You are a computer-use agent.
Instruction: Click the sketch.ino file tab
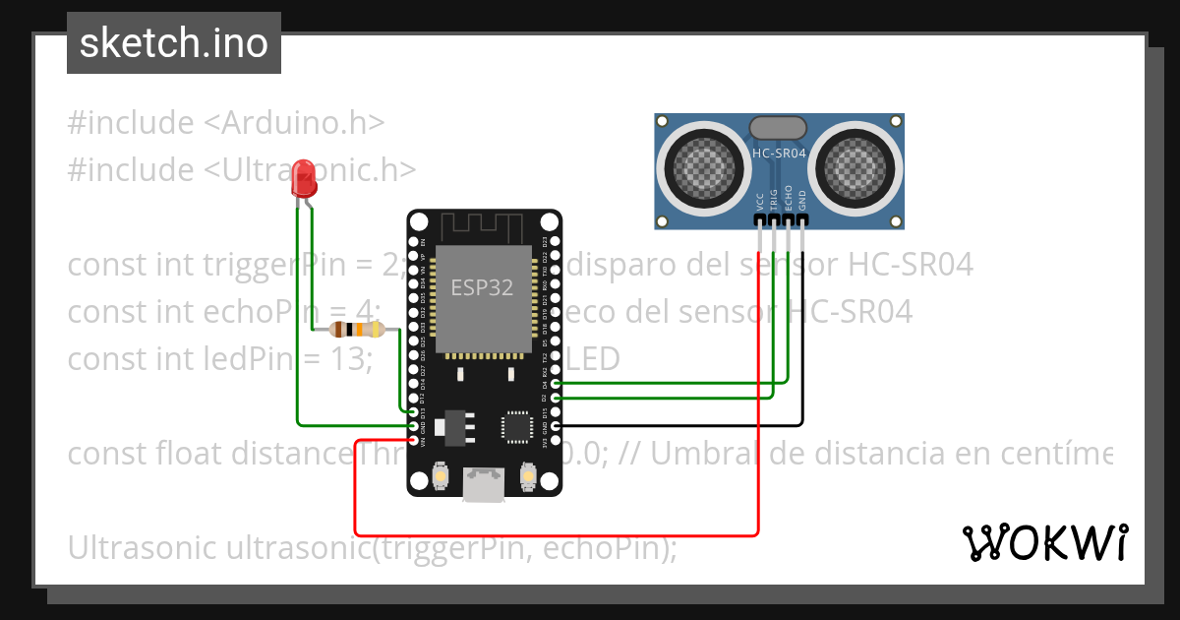pyautogui.click(x=174, y=43)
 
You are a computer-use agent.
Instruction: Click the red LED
pyautogui.click(x=305, y=180)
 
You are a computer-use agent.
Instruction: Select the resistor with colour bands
pyautogui.click(x=357, y=330)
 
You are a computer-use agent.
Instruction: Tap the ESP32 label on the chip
pyautogui.click(x=482, y=288)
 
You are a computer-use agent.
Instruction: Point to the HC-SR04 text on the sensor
pyautogui.click(x=779, y=153)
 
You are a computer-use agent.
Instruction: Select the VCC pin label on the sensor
pyautogui.click(x=760, y=202)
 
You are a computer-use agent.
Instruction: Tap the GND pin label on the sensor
pyautogui.click(x=802, y=201)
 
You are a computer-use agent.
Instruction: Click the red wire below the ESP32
pyautogui.click(x=551, y=534)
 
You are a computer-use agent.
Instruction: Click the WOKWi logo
pyautogui.click(x=1044, y=542)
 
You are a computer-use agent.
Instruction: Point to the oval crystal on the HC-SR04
pyautogui.click(x=779, y=126)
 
